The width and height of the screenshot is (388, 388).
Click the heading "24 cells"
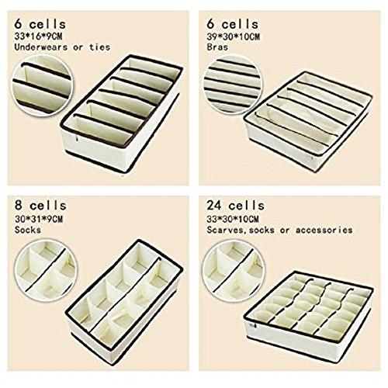(235, 206)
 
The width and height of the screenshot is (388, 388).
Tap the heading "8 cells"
(40, 206)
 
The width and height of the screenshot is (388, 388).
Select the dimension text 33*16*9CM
(38, 36)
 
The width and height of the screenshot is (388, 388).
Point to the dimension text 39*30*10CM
(233, 36)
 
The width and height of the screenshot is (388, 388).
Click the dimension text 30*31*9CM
(39, 219)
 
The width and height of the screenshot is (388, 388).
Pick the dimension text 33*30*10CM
(233, 219)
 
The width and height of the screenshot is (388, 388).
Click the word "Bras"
(217, 47)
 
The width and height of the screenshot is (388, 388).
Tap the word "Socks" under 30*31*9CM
(28, 230)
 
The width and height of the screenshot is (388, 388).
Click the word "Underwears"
(41, 47)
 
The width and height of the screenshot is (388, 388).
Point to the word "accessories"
(324, 230)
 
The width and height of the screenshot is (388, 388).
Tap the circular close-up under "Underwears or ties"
(43, 85)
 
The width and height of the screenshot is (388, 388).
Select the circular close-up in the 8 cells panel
(47, 270)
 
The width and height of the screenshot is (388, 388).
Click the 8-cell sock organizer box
(124, 302)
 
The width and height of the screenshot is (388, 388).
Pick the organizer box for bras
(308, 121)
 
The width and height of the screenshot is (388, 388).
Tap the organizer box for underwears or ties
(122, 113)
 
